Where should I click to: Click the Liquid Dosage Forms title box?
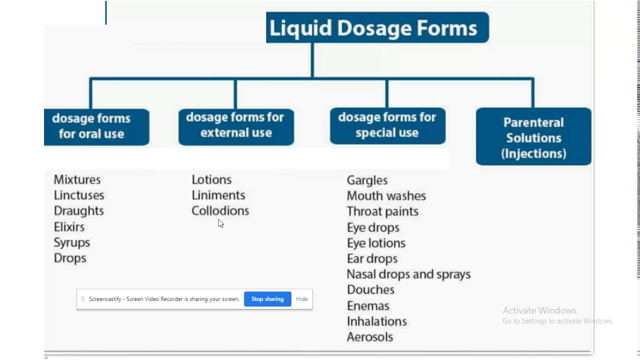point(377,28)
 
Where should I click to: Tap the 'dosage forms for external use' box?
point(236,125)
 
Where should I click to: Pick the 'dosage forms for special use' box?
point(387,125)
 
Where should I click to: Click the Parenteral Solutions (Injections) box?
point(533,137)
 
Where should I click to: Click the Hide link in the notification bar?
point(301,299)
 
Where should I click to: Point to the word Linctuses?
point(79,195)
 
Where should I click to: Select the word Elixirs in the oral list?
point(69,227)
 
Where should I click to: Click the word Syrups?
point(72,242)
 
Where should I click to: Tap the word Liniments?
point(218,195)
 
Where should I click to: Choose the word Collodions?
point(220,211)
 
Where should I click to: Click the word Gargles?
point(367,180)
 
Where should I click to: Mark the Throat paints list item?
point(382,211)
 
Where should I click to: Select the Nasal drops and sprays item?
point(408,274)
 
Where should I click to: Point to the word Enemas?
point(368,306)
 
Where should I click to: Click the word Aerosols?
point(370,337)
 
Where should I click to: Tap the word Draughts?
point(78,211)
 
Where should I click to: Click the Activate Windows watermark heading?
point(539,310)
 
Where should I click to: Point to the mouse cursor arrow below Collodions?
point(220,223)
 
